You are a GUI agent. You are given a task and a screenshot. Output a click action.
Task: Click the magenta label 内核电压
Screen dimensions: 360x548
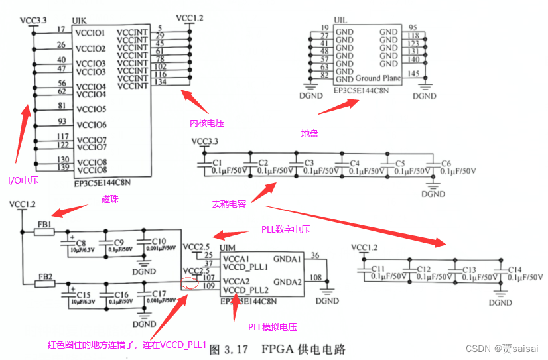pos(208,123)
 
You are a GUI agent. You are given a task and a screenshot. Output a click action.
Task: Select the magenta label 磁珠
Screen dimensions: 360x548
pos(111,199)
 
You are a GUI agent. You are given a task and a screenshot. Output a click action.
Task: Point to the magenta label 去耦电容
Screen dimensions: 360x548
pos(230,203)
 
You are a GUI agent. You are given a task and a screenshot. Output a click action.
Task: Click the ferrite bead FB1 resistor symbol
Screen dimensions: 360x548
pos(44,232)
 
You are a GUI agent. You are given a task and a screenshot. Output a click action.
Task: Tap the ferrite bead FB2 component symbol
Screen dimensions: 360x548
pos(44,284)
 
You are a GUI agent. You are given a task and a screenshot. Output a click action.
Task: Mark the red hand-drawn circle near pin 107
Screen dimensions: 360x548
pos(190,283)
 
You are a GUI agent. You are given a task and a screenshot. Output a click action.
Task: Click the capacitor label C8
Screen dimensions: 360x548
pos(81,242)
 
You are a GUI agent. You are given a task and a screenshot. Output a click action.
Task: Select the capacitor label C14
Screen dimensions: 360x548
pos(515,269)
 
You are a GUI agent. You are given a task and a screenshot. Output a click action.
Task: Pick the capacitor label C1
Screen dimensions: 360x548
pos(216,162)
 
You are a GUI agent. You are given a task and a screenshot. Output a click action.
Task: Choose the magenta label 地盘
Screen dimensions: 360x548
pos(310,133)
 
